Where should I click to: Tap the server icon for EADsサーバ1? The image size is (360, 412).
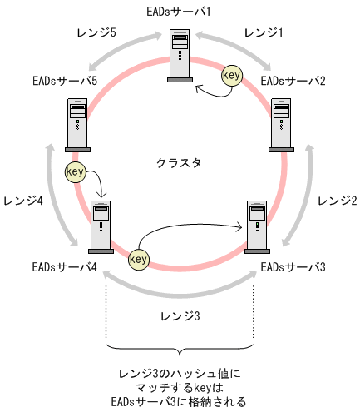tap(180, 56)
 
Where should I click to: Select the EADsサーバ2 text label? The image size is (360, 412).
tap(293, 82)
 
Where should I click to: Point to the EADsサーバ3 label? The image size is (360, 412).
tap(293, 268)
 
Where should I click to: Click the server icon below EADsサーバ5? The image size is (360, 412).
tap(77, 124)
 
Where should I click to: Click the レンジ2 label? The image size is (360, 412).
tap(337, 200)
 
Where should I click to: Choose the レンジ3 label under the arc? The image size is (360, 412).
tap(180, 317)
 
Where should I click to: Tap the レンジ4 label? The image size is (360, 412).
tap(23, 200)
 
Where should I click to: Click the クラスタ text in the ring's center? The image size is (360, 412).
tap(179, 163)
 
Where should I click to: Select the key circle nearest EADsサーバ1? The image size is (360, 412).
tap(233, 76)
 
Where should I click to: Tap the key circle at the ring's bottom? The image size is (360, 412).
tap(139, 259)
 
